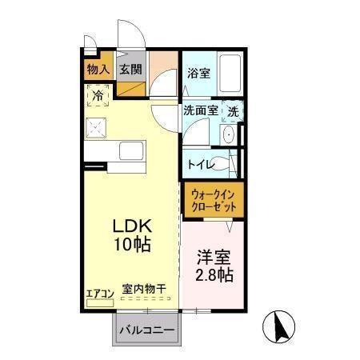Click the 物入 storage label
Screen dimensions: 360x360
point(98,70)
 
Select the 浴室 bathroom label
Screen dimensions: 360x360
point(198,73)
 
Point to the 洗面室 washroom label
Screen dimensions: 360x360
point(201,112)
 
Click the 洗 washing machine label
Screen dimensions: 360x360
point(234,112)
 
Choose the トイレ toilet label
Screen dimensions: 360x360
point(199,164)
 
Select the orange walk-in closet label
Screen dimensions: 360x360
point(214,199)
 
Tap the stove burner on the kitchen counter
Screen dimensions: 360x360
point(98,128)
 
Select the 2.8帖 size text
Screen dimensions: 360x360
point(214,276)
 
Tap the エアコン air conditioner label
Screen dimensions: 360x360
point(100,292)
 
